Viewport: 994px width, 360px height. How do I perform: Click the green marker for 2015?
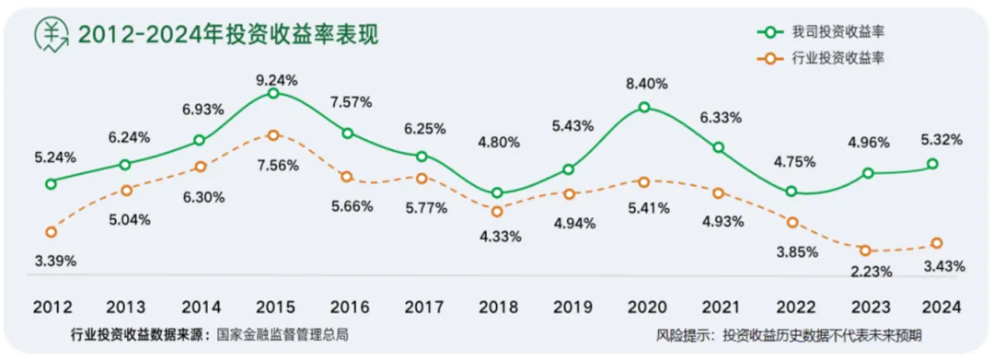pos(274,94)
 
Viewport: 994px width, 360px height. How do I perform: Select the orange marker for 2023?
pos(867,250)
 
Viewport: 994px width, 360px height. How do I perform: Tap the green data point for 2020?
pos(644,108)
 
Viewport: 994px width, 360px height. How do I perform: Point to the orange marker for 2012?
pos(51,231)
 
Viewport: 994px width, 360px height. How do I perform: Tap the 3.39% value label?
pos(55,261)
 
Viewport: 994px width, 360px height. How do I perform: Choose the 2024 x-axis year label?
pos(942,306)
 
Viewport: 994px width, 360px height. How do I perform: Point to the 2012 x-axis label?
pos(53,306)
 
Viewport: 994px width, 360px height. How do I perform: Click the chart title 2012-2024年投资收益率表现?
pos(228,34)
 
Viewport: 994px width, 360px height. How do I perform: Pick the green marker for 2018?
pos(498,193)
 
